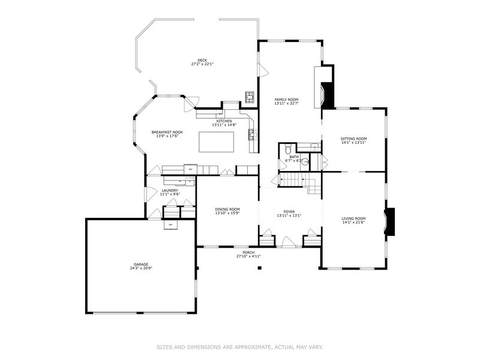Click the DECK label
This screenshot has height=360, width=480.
(x=202, y=61)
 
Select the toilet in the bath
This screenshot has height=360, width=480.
(x=287, y=149)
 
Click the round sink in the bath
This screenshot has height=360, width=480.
(x=304, y=161)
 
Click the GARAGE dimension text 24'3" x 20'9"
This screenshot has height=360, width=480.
(x=141, y=268)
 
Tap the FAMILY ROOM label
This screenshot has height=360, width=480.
(x=286, y=100)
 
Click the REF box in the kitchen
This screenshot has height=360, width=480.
(x=191, y=170)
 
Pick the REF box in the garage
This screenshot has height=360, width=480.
(x=170, y=225)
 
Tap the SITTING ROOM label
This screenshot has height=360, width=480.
(x=353, y=139)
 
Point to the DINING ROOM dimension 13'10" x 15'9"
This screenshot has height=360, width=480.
(x=227, y=213)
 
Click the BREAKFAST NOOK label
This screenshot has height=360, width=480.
(x=167, y=132)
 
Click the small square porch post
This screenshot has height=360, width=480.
(x=259, y=268)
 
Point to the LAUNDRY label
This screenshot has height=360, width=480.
(x=170, y=190)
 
